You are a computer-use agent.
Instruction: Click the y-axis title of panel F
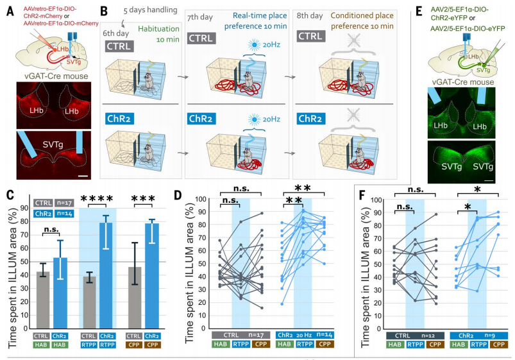(367, 263)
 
